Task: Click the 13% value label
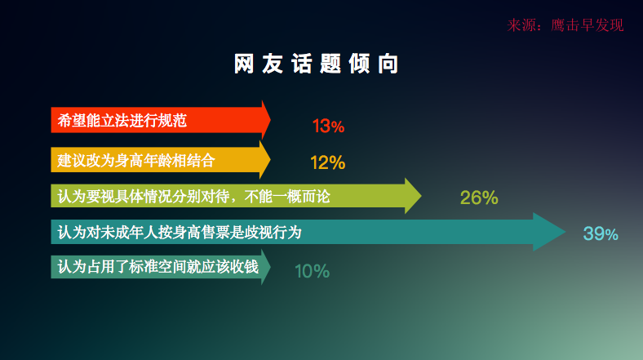point(328,126)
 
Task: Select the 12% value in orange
point(328,162)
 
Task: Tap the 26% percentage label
point(479,198)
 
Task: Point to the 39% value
point(601,233)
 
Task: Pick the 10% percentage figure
point(312,271)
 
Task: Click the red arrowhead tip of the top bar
point(270,120)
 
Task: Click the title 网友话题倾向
point(316,64)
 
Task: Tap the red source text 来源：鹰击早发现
point(565,25)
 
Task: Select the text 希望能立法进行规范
point(122,121)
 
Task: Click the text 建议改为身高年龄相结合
point(136,160)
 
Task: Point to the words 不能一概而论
point(287,197)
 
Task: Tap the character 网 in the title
point(244,64)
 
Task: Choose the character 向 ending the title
point(388,64)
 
